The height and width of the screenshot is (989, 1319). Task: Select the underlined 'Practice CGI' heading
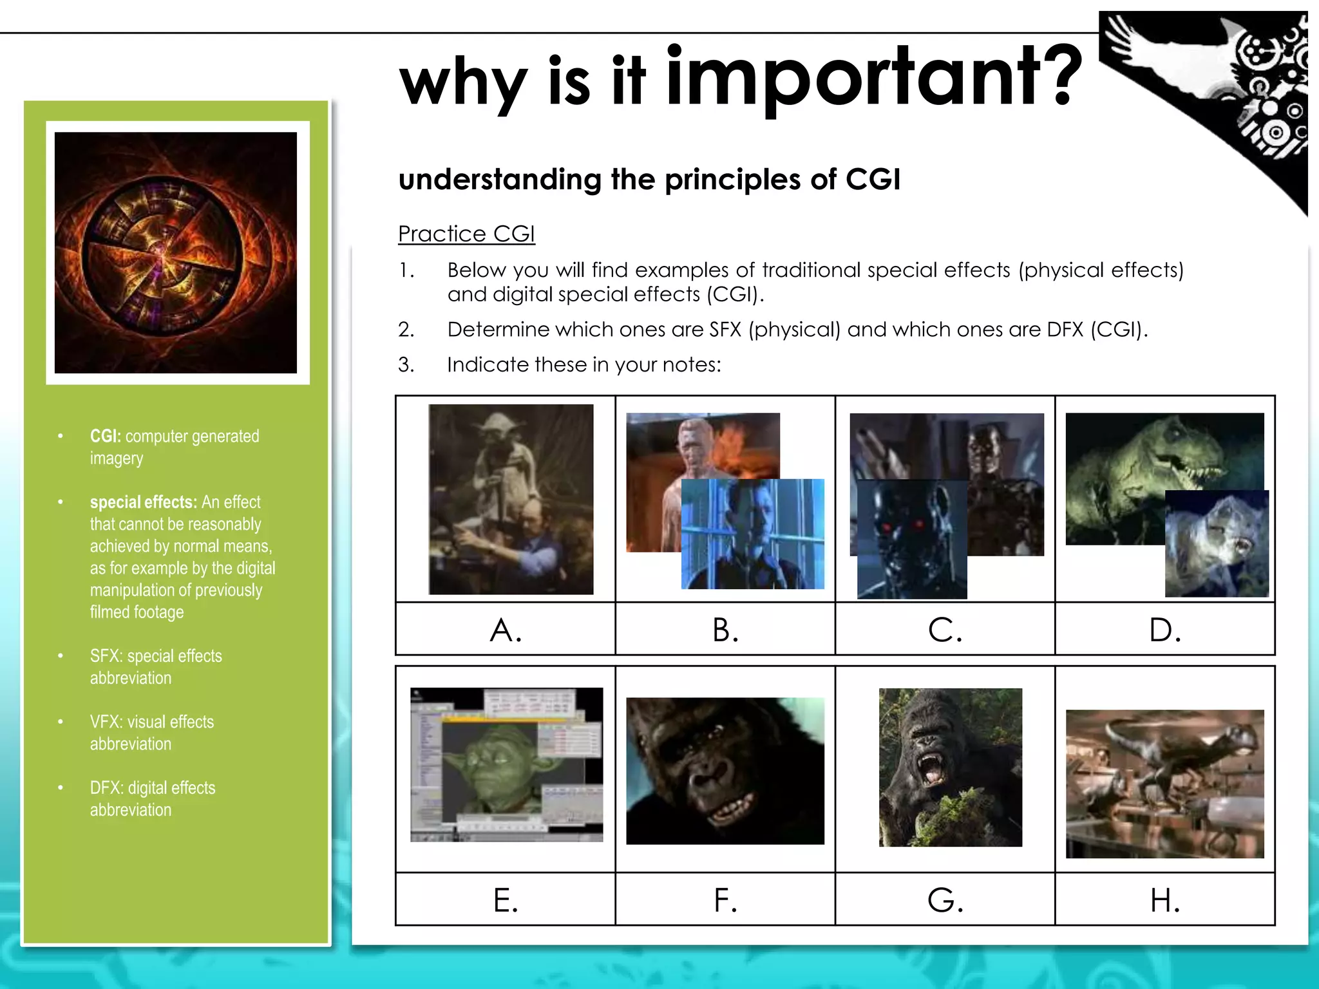click(x=466, y=234)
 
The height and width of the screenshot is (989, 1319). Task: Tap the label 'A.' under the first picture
click(x=506, y=630)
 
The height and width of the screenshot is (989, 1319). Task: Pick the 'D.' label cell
click(x=1165, y=630)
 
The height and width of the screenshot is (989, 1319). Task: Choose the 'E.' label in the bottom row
click(x=506, y=900)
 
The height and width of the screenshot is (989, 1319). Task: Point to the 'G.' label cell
click(x=945, y=900)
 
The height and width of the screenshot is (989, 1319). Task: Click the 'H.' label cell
click(x=1165, y=900)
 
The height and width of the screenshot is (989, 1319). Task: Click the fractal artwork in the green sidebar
click(x=176, y=252)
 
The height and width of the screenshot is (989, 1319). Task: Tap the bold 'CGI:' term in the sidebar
click(x=106, y=436)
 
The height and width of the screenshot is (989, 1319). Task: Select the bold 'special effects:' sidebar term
click(x=143, y=502)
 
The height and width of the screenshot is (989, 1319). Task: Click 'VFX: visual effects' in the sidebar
click(x=152, y=722)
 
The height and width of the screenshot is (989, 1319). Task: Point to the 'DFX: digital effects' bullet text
click(x=153, y=788)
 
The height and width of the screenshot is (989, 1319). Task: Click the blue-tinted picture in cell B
click(x=752, y=534)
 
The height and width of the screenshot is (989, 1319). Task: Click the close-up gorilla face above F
click(x=725, y=771)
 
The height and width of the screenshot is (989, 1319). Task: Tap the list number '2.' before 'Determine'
click(x=406, y=330)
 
